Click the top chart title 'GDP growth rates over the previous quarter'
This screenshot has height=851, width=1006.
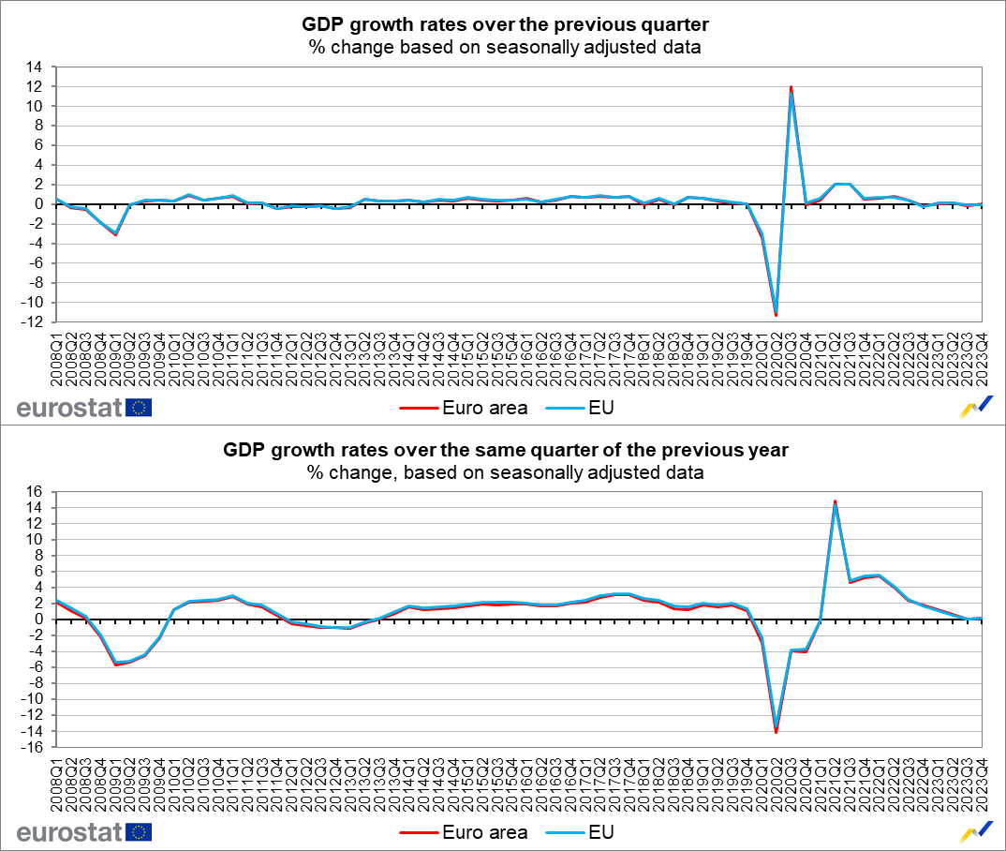tap(505, 24)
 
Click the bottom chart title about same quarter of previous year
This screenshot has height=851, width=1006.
tap(505, 450)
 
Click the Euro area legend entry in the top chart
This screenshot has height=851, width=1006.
tap(463, 408)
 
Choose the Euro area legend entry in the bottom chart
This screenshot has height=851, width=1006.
tap(463, 832)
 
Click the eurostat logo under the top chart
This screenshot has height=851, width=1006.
tap(84, 408)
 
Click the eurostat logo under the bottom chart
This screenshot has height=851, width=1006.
tap(84, 832)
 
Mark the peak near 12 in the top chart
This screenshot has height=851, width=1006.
tap(791, 86)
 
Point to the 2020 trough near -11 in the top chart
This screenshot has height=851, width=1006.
tap(777, 315)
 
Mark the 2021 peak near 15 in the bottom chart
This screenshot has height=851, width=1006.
tap(835, 500)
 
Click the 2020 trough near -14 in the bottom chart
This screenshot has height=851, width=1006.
tap(777, 732)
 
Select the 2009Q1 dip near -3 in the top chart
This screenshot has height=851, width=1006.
tap(115, 234)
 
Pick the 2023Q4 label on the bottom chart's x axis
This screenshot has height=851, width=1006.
tap(980, 783)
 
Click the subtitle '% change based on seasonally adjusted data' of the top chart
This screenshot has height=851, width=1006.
tap(505, 47)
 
